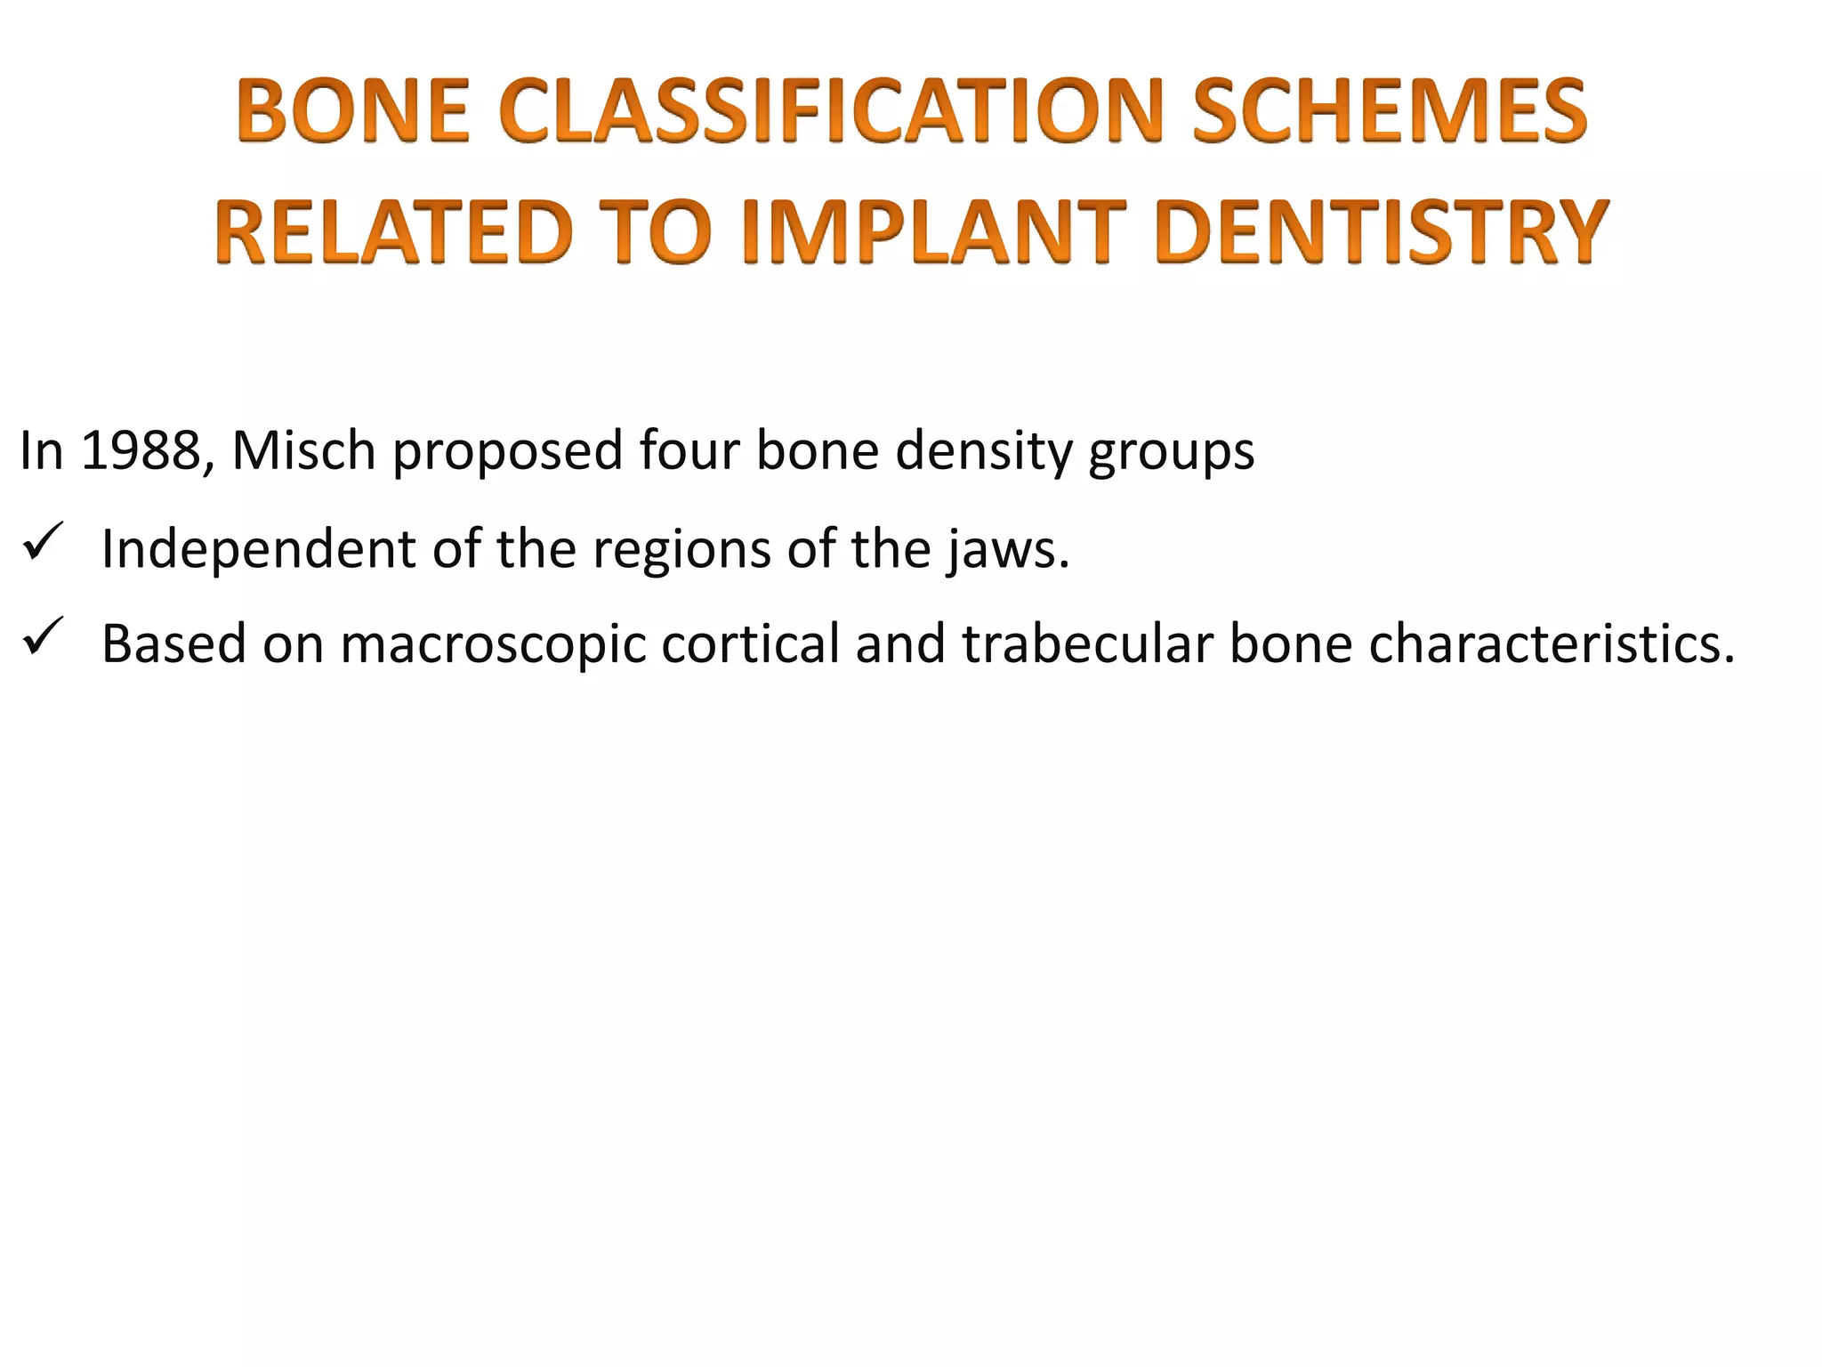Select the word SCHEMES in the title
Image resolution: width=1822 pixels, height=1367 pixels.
[1389, 112]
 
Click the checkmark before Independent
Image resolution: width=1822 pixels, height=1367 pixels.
[42, 542]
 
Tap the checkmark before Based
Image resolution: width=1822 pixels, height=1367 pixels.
[42, 637]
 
